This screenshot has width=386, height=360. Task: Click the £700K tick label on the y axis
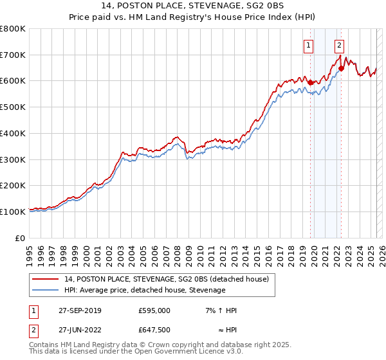[x=13, y=55]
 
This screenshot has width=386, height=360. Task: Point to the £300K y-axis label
[x=13, y=159]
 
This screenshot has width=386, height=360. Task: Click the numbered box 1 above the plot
[x=309, y=46]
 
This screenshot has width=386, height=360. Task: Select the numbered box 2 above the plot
[x=339, y=46]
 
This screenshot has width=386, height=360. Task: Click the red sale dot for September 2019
[x=310, y=82]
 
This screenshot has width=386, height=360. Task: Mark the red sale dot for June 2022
[x=341, y=69]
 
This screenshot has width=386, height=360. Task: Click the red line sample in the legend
[x=46, y=280]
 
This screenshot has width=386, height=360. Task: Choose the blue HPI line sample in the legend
[x=46, y=290]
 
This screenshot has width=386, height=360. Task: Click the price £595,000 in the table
[x=154, y=310]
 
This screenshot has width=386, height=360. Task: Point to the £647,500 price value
[x=154, y=330]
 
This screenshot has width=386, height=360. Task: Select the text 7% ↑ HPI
[x=221, y=310]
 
